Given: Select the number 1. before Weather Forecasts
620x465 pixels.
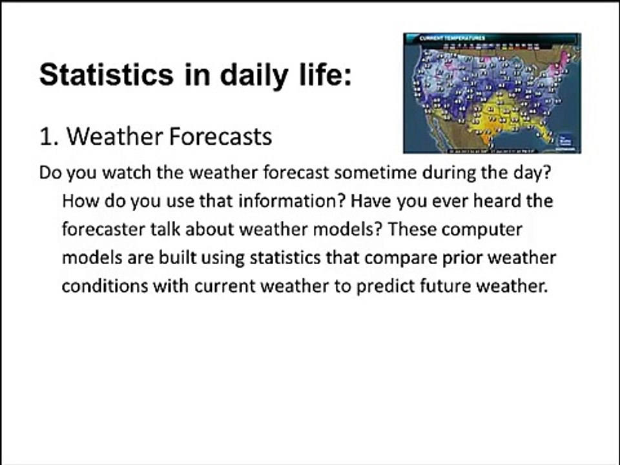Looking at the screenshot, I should [50, 136].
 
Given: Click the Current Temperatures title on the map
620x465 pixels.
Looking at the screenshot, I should [451, 37].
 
